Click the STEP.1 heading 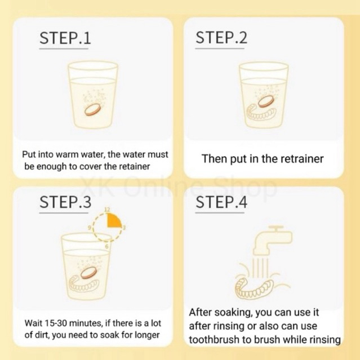click(x=65, y=38)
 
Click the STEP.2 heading click(x=221, y=38)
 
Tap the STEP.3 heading click(x=65, y=202)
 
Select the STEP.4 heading click(x=221, y=202)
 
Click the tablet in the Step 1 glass click(x=92, y=109)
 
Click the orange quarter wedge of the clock click(x=114, y=220)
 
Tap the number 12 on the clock click(x=107, y=210)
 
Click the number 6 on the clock click(x=106, y=247)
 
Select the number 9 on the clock click(x=90, y=228)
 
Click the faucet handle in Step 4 click(x=275, y=228)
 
